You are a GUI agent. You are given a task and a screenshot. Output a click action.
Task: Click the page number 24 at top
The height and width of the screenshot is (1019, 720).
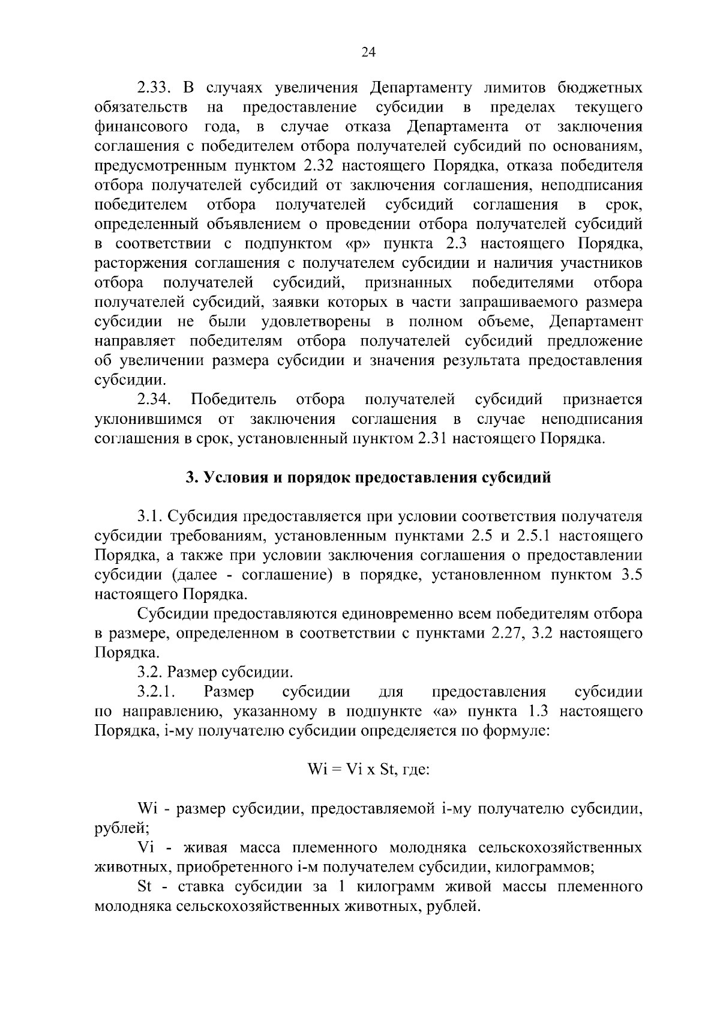368,53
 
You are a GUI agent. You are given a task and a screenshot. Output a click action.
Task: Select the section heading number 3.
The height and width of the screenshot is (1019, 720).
191,478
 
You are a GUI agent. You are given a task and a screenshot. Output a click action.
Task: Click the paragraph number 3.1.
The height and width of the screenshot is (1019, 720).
150,517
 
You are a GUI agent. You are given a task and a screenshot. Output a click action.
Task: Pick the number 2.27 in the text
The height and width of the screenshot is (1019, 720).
508,633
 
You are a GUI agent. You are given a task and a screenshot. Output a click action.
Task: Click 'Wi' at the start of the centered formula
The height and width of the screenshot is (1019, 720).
316,770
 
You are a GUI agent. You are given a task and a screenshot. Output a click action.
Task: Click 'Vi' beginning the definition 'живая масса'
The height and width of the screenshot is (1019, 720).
146,848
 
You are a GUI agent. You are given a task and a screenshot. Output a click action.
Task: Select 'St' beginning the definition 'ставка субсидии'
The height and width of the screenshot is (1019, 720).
146,887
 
